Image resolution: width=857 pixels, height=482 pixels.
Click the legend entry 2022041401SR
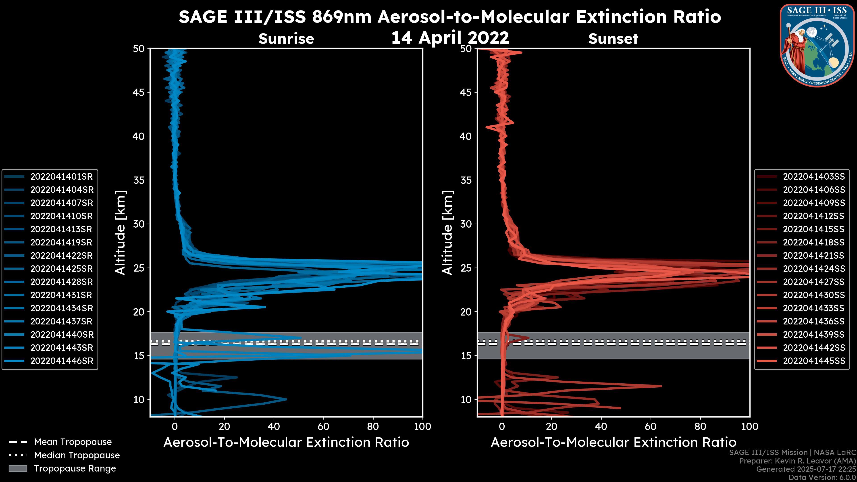point(62,177)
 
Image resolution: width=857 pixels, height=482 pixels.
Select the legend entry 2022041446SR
point(62,361)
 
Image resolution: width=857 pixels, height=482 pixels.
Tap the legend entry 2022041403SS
point(814,177)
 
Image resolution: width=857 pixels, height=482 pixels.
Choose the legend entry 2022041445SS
point(814,361)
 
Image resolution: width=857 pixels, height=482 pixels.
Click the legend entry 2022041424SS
point(814,269)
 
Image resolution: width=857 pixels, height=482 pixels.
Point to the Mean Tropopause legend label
point(73,442)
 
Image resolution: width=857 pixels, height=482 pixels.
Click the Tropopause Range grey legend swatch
point(18,468)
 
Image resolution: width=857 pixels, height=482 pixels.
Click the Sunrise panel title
point(286,39)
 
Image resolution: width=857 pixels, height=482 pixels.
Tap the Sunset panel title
point(613,39)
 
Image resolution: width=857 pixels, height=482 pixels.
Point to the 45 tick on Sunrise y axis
point(139,92)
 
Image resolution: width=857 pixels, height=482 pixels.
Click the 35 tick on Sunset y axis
point(466,180)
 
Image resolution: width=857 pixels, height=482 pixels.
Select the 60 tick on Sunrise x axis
point(323,426)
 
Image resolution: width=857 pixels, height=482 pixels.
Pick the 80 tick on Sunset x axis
point(700,426)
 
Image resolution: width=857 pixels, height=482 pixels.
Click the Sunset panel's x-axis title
point(613,443)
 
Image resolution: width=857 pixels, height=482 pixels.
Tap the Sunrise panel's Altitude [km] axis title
point(121,233)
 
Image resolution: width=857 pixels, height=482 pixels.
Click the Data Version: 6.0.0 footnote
point(822,478)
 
